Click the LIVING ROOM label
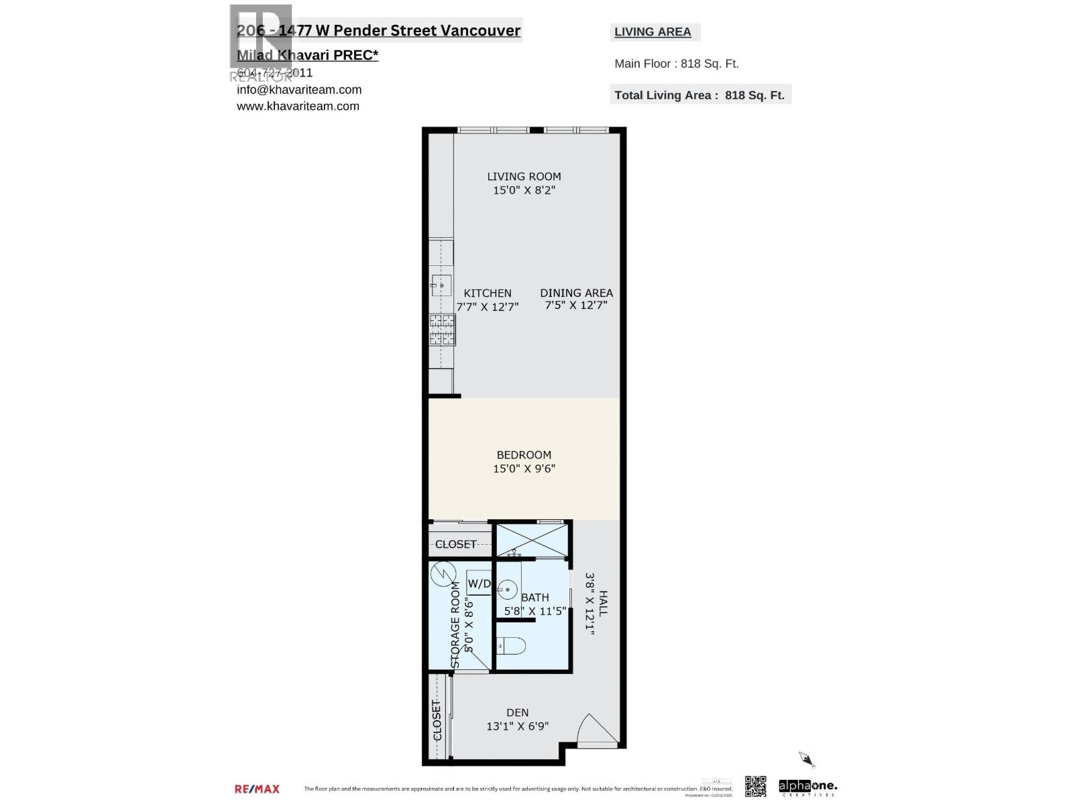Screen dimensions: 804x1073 (x=524, y=176)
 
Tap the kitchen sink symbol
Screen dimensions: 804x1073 (x=441, y=285)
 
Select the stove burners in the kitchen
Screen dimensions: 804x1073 (x=442, y=330)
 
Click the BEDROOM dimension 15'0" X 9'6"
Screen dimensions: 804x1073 (x=524, y=468)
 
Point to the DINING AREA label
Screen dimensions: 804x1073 (x=576, y=293)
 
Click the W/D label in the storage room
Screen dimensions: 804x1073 (x=479, y=584)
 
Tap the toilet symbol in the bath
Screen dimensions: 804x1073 (x=512, y=646)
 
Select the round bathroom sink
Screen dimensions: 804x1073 (x=507, y=590)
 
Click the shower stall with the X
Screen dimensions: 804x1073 (x=531, y=540)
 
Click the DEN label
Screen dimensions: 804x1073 (x=517, y=712)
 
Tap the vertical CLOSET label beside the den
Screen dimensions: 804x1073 (x=437, y=720)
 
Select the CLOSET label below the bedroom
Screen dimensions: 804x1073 (x=455, y=544)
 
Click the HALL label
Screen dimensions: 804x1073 (x=603, y=603)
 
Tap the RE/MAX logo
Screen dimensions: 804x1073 (x=257, y=789)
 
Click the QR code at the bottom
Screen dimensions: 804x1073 (x=755, y=786)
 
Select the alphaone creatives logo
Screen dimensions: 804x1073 (x=807, y=787)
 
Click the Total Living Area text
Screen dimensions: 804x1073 (x=699, y=95)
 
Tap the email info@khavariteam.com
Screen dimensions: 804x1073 (x=299, y=90)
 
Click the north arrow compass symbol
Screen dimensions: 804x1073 (x=806, y=760)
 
